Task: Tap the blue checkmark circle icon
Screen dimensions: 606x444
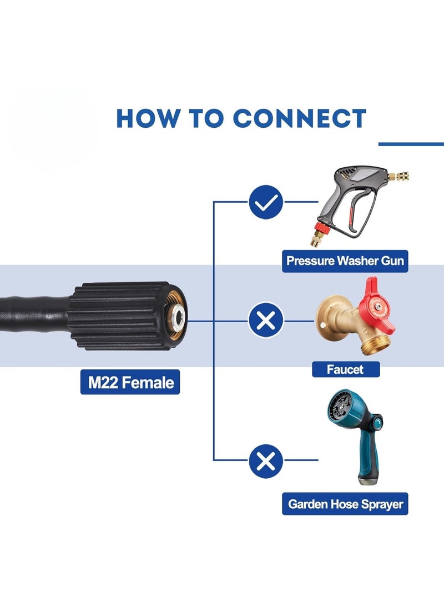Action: point(266,202)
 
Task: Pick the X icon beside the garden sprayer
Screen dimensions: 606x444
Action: point(266,460)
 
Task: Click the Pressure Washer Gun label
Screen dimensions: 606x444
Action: point(345,261)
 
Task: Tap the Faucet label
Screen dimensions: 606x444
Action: point(345,369)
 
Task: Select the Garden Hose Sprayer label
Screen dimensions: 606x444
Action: point(345,504)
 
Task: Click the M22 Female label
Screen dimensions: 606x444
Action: point(130,382)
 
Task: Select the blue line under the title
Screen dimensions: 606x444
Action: point(411,144)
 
